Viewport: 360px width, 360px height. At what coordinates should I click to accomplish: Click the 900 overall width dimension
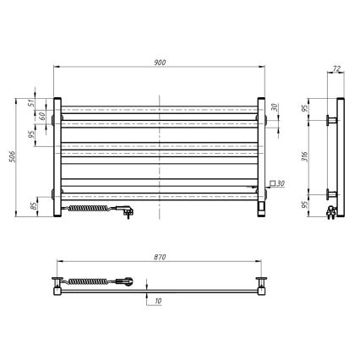(x=160, y=61)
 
